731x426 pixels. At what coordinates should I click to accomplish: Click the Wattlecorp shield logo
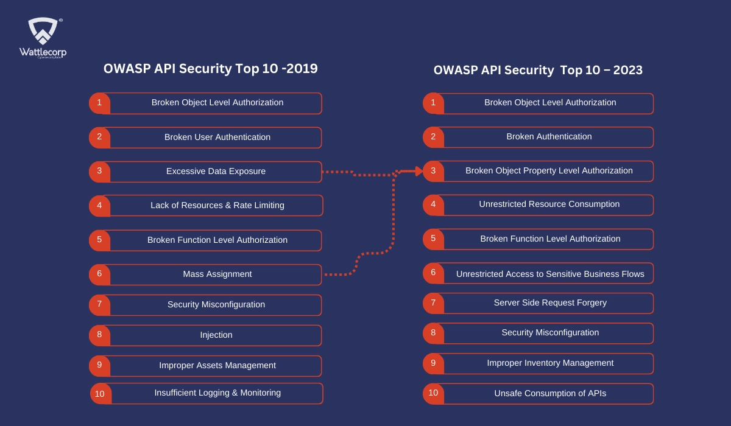[43, 31]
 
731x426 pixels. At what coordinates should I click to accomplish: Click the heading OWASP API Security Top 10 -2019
[211, 69]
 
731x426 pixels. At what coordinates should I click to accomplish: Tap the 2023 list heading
[538, 70]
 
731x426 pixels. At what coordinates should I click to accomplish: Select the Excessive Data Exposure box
[206, 172]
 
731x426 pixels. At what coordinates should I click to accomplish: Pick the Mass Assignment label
[217, 274]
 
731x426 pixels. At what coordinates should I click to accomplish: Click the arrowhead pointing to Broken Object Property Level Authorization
[419, 171]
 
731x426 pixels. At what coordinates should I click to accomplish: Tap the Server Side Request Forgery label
[550, 303]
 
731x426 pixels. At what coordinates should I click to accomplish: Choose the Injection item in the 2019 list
[206, 335]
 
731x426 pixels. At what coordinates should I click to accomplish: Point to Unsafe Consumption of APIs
[550, 393]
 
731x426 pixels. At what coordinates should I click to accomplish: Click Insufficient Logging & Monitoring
[217, 393]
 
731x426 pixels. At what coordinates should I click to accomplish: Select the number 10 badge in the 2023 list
[433, 393]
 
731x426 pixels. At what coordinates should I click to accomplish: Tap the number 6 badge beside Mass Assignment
[99, 274]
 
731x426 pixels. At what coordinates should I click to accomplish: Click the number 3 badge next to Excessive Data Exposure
[99, 172]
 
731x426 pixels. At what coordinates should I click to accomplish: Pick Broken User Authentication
[217, 137]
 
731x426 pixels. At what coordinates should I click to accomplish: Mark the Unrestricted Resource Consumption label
[549, 204]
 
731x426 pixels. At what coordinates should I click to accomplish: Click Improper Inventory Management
[550, 363]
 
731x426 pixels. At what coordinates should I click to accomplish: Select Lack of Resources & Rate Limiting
[217, 205]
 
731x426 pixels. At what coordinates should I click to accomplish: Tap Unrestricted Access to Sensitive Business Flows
[550, 274]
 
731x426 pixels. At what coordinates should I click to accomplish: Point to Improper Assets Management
[217, 365]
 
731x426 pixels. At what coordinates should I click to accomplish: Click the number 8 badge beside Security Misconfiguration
[433, 333]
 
